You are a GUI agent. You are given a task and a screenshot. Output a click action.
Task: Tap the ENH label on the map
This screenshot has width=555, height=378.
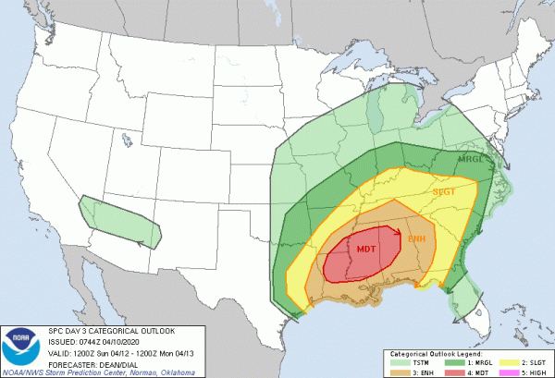click(x=417, y=238)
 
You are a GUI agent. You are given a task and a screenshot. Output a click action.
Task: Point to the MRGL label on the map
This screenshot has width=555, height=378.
click(x=475, y=159)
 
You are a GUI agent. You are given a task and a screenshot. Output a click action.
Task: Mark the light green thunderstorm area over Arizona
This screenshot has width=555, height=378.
click(x=120, y=222)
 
